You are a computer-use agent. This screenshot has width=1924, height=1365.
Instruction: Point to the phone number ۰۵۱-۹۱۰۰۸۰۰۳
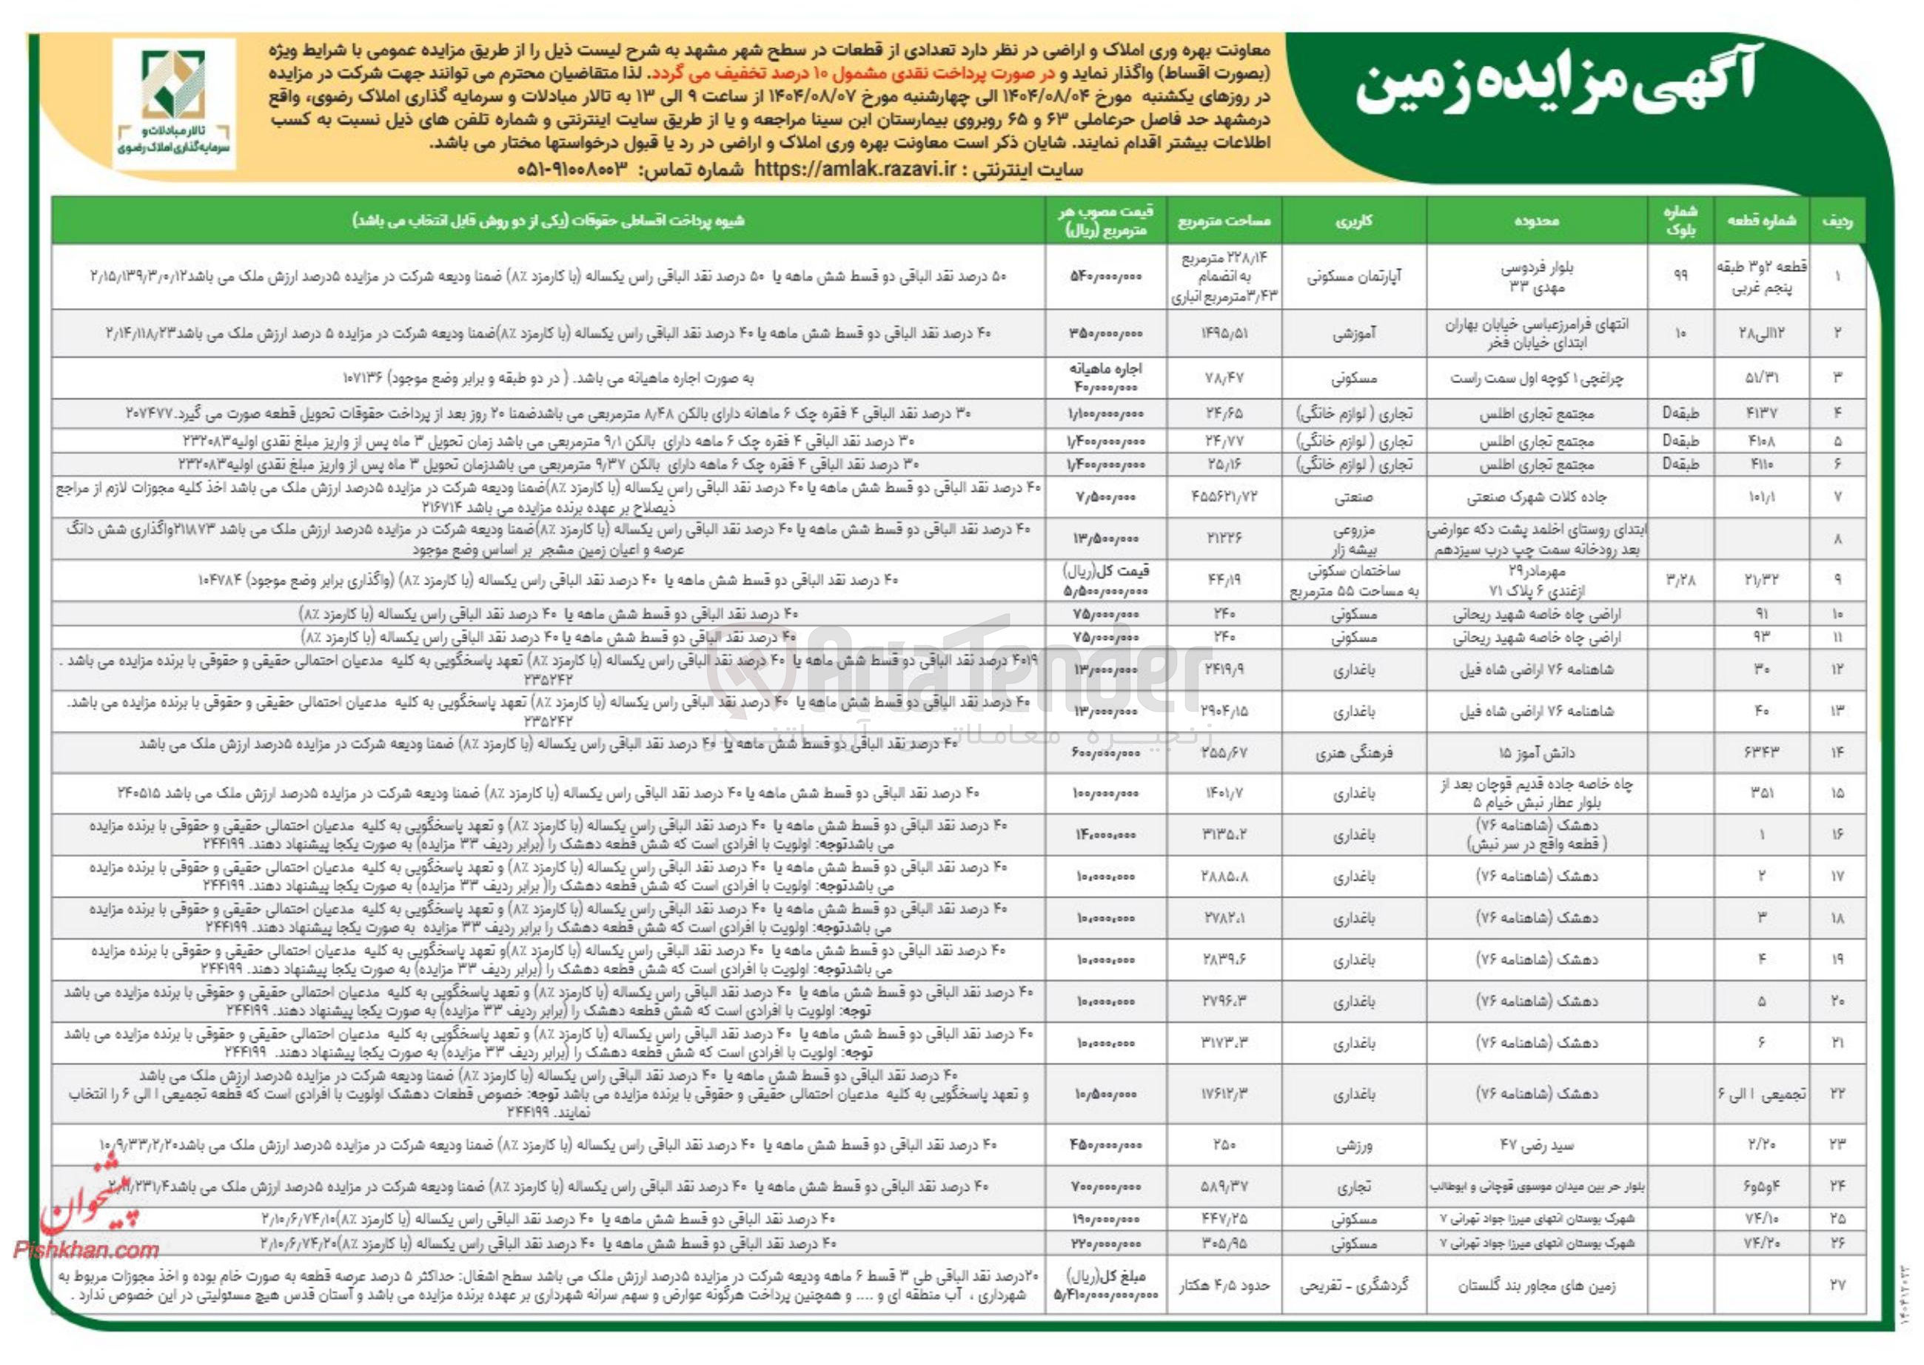pyautogui.click(x=573, y=169)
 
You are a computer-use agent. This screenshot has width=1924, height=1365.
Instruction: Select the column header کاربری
pyautogui.click(x=1353, y=221)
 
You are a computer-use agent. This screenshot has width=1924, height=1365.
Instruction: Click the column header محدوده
pyautogui.click(x=1536, y=221)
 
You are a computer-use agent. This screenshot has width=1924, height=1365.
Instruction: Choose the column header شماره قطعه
pyautogui.click(x=1761, y=221)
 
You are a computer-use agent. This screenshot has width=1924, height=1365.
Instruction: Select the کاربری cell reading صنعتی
pyautogui.click(x=1353, y=498)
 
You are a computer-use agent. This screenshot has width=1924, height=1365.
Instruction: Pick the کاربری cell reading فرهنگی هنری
pyautogui.click(x=1353, y=753)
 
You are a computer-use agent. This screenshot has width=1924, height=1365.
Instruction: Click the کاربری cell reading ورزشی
pyautogui.click(x=1353, y=1145)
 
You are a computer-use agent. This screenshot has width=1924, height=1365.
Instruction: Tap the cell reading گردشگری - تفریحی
pyautogui.click(x=1353, y=1285)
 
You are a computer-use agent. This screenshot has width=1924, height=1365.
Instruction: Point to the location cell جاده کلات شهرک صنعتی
pyautogui.click(x=1536, y=498)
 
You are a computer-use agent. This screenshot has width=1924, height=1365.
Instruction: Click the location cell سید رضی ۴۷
pyautogui.click(x=1536, y=1145)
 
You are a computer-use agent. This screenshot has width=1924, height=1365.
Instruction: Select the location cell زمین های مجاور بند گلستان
pyautogui.click(x=1536, y=1285)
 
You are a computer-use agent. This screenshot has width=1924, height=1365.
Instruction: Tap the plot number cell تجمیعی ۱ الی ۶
pyautogui.click(x=1761, y=1093)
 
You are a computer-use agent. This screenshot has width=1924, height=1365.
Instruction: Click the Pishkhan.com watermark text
pyautogui.click(x=86, y=1250)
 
